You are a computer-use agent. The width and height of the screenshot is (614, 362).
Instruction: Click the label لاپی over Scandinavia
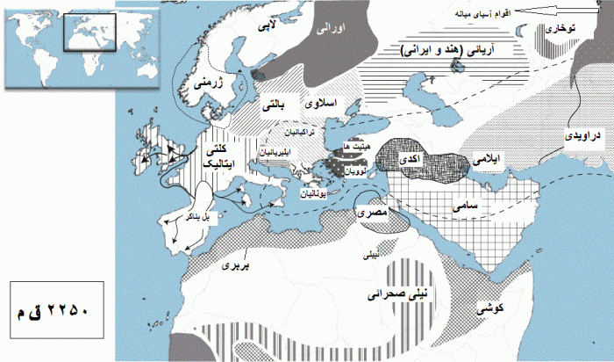pos(261,27)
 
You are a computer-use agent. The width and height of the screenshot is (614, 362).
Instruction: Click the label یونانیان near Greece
pos(318,192)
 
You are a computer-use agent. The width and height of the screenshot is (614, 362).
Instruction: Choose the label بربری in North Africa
pos(230,263)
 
